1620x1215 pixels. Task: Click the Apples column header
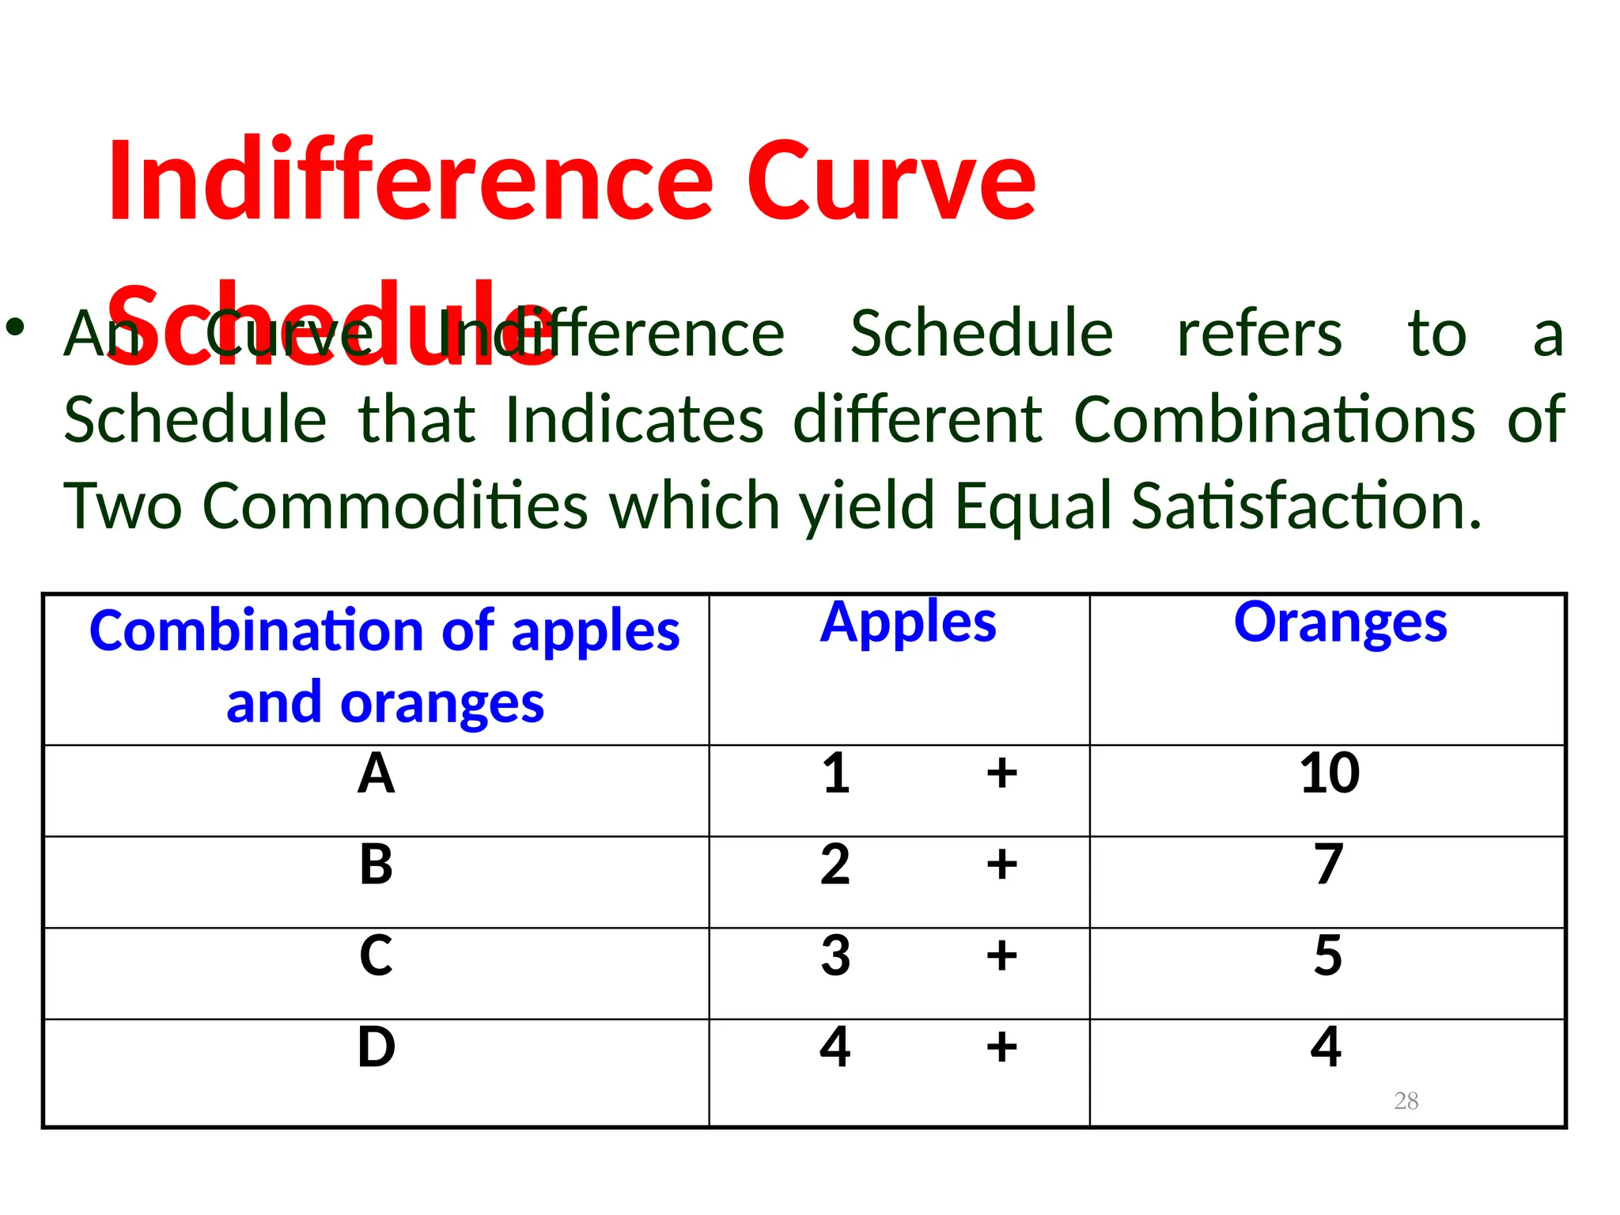[x=908, y=623]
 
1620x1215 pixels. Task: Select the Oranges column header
[x=1340, y=623]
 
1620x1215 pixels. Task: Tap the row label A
[x=376, y=774]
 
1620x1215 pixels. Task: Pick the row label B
[x=376, y=865]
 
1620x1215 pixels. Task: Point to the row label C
[x=376, y=956]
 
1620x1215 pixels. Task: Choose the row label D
[x=376, y=1047]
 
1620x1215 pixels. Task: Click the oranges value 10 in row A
[x=1329, y=774]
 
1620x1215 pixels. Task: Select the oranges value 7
[x=1329, y=865]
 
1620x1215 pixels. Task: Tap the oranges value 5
[x=1328, y=956]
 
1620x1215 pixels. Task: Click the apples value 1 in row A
[x=836, y=774]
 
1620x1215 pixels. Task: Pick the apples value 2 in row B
[x=835, y=865]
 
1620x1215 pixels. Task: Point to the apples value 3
[x=835, y=956]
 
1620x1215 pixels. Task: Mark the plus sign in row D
[x=1001, y=1047]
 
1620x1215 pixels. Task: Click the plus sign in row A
[x=1001, y=773]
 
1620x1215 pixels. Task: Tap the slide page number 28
[x=1406, y=1100]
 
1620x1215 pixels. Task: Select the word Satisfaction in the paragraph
[x=1306, y=506]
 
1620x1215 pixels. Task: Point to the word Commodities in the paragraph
[x=396, y=506]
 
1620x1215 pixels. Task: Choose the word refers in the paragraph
[x=1259, y=334]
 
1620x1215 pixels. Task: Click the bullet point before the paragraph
[x=16, y=327]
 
